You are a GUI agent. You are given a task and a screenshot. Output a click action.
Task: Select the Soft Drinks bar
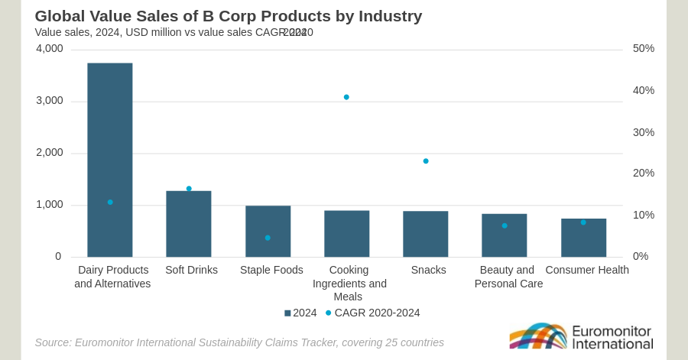click(x=188, y=225)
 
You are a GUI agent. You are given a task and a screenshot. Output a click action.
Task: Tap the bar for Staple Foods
click(x=268, y=222)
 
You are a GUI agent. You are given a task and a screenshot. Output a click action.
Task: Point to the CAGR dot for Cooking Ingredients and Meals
click(x=346, y=97)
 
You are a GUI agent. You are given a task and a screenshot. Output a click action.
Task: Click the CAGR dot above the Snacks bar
click(x=426, y=161)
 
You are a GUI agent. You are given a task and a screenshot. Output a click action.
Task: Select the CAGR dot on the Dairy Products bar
click(x=110, y=202)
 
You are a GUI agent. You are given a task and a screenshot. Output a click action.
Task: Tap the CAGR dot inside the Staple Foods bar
click(x=268, y=238)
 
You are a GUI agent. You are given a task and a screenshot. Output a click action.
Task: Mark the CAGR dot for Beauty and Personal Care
click(x=505, y=225)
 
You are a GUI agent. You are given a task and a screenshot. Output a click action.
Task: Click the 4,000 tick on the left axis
click(x=50, y=48)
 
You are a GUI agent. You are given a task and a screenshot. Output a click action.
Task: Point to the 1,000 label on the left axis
click(x=50, y=204)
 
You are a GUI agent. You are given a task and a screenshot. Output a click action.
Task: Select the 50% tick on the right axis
click(x=643, y=48)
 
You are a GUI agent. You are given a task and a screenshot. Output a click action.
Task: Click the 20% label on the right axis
click(x=643, y=173)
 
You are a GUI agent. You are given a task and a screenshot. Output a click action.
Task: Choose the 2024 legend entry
click(x=300, y=313)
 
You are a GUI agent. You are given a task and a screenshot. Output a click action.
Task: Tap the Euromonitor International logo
click(x=581, y=336)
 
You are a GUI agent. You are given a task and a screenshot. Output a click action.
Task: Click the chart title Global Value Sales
click(x=228, y=15)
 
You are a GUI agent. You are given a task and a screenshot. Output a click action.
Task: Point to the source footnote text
click(x=239, y=342)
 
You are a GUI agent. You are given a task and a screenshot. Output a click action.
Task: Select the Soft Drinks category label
click(x=191, y=270)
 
